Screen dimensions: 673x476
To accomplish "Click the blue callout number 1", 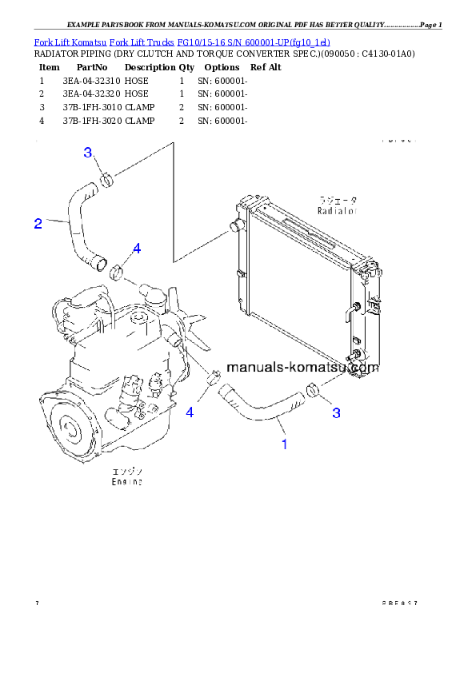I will click(284, 444).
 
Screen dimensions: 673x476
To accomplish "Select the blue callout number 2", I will click(38, 224).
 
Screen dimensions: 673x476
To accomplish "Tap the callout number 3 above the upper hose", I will click(89, 153).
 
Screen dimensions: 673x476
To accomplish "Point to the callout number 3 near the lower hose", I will click(337, 412).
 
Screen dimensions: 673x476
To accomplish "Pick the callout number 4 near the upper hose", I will click(137, 249).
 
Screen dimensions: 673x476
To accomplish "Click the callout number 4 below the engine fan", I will click(190, 412).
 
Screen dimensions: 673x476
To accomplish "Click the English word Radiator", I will click(337, 212).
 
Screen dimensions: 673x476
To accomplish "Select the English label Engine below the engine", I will click(127, 483).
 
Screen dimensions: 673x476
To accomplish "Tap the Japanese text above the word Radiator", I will click(338, 201).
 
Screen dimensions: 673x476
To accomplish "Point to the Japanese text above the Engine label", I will click(127, 472).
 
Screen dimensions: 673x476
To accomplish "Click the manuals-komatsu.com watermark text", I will click(302, 368).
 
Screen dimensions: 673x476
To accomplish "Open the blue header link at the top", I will click(182, 42).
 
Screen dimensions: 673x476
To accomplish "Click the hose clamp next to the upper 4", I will click(118, 271).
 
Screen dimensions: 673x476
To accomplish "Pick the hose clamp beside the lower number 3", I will click(314, 389).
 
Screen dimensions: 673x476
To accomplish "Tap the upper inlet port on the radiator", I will click(236, 227).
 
